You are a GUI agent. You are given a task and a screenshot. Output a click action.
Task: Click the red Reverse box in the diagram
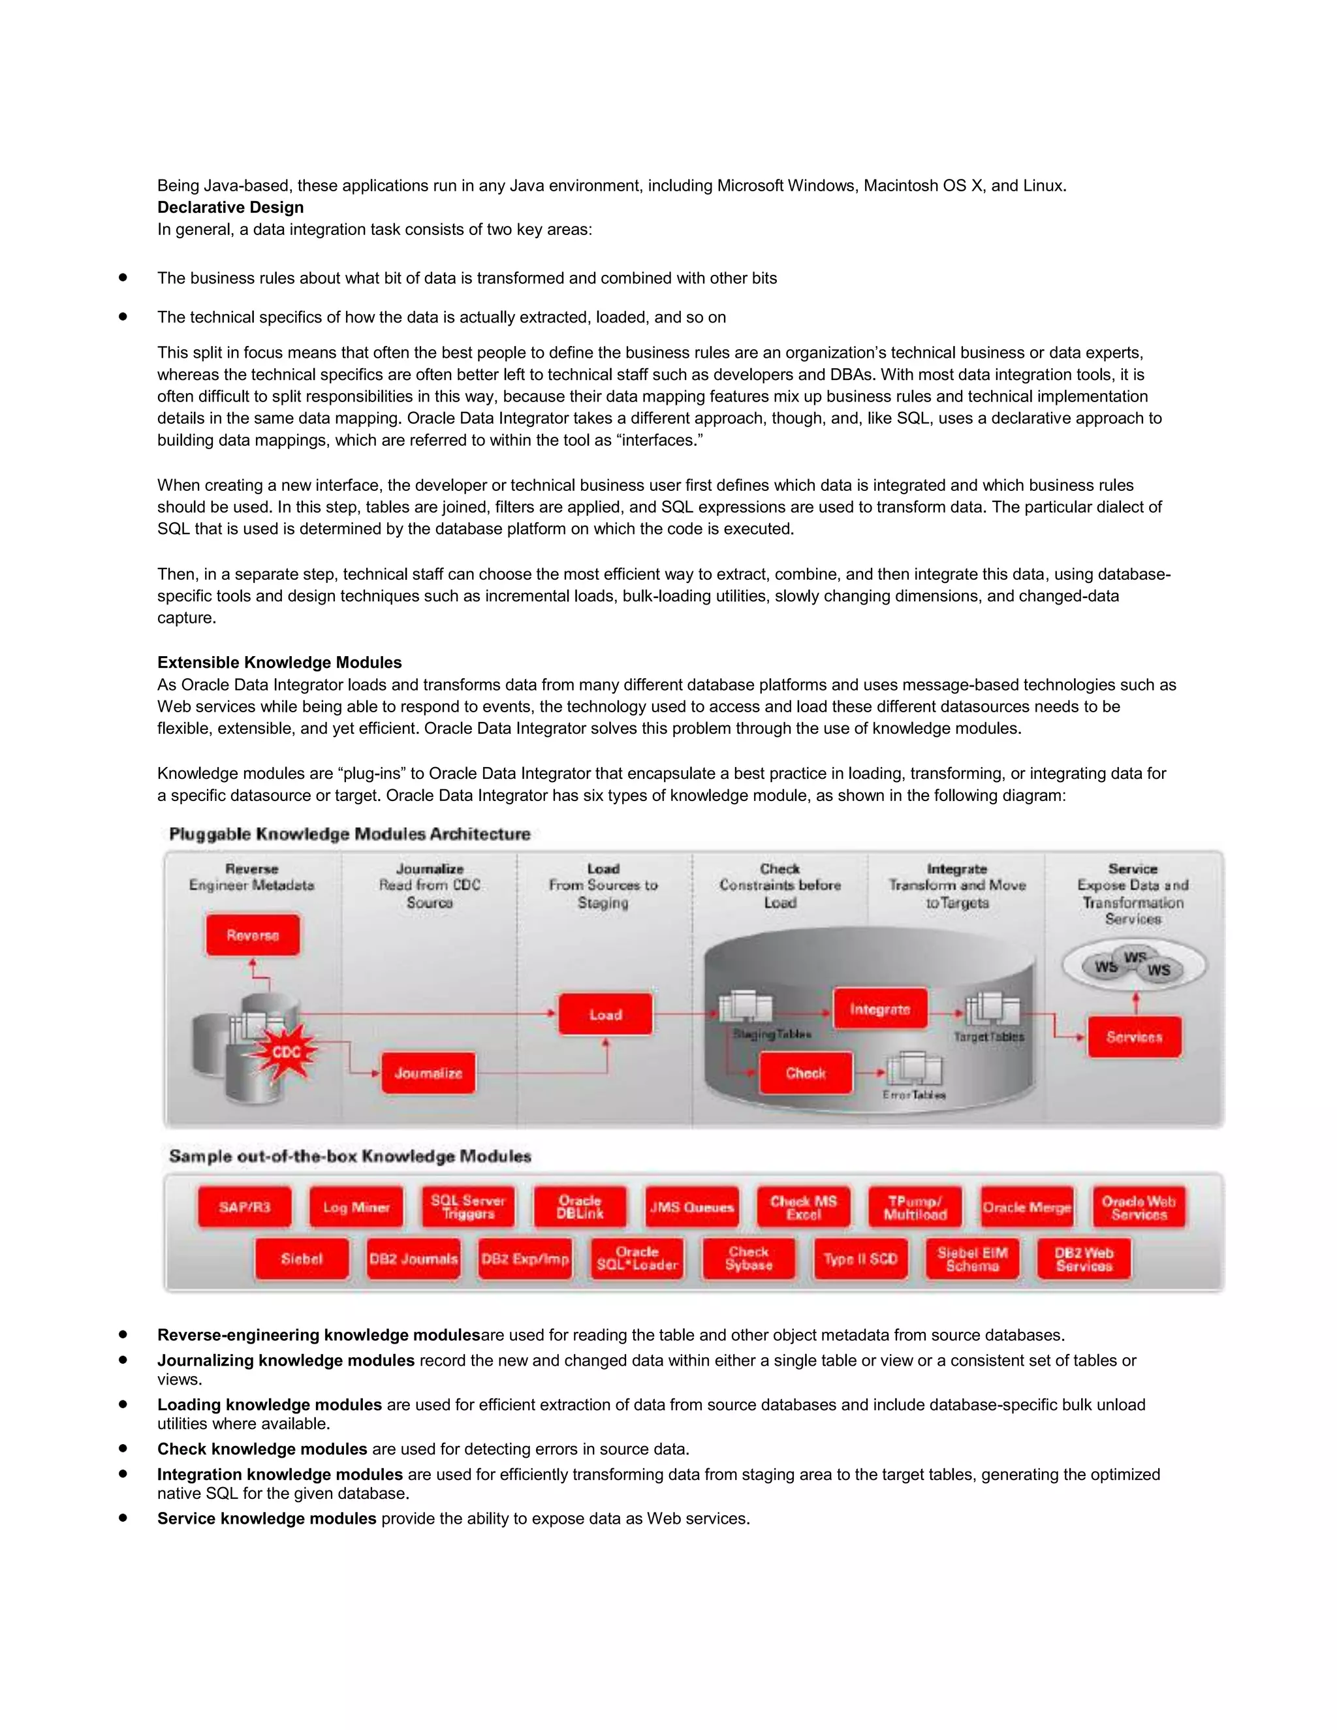pos(253,935)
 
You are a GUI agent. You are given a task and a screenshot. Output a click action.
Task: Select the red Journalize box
pos(428,1073)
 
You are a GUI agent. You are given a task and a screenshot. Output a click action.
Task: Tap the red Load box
pos(605,1014)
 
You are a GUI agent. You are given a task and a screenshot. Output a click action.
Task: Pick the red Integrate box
pos(880,1009)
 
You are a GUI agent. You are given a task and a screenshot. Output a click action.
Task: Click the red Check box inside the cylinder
pos(806,1073)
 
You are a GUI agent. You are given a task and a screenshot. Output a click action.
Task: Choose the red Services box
pos(1134,1037)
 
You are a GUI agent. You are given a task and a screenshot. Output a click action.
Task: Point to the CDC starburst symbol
pos(286,1052)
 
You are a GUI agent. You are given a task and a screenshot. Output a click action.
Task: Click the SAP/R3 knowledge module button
pos(245,1207)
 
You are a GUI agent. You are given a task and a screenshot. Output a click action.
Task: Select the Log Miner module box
pos(356,1207)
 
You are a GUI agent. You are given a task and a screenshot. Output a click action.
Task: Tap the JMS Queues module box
pos(691,1207)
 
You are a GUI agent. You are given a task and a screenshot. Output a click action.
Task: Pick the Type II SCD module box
pos(860,1259)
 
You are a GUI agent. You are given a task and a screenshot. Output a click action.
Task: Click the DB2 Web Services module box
pos(1084,1259)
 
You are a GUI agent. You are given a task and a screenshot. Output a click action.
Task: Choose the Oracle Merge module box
pos(1026,1207)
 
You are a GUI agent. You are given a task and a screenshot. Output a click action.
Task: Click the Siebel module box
pos(302,1259)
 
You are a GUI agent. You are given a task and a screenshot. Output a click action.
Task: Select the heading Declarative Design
pos(230,208)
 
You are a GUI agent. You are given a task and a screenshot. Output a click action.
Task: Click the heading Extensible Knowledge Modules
pos(279,662)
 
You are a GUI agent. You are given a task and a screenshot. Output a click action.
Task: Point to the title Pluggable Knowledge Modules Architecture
pos(349,834)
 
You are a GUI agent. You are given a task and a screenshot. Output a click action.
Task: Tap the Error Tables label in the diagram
pos(914,1095)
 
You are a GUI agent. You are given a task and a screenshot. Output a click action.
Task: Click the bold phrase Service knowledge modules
pos(266,1518)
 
